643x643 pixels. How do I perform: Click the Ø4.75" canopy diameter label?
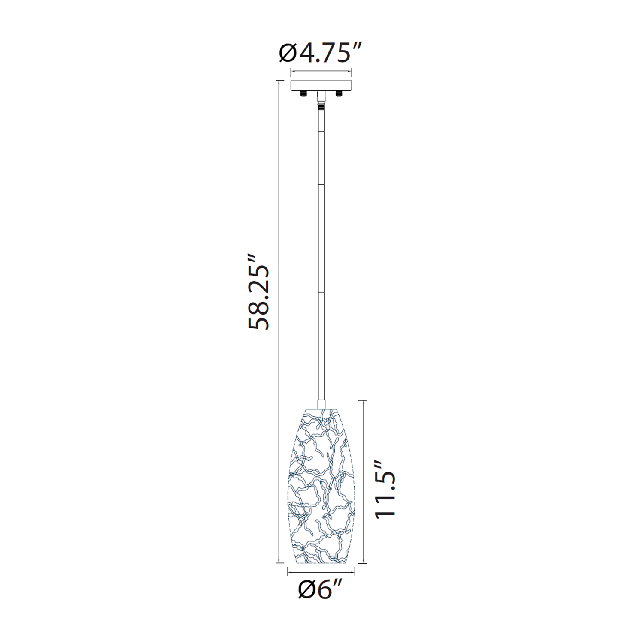pos(321,53)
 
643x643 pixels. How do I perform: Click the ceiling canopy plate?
pos(321,85)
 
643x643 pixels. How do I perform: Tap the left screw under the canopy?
pos(303,93)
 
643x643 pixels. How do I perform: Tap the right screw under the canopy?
pos(340,93)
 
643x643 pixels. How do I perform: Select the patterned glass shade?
pos(321,486)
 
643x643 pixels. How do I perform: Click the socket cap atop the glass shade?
pos(321,404)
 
